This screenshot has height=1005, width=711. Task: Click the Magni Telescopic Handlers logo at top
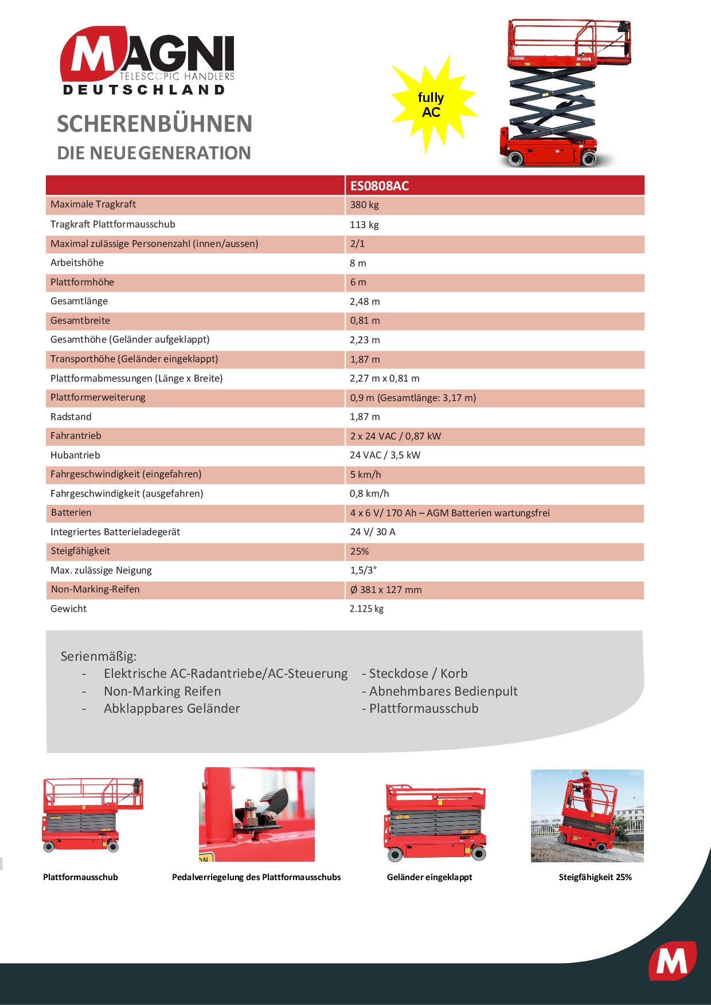click(147, 60)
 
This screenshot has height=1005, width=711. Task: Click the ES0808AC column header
click(380, 186)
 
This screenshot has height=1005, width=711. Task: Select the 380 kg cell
click(365, 205)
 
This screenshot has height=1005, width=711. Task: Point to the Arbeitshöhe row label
click(77, 263)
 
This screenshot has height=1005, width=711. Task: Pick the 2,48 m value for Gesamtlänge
click(365, 301)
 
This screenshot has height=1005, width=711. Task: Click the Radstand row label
click(71, 417)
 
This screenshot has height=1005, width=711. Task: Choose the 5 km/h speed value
click(366, 474)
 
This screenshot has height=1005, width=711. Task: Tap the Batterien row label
click(71, 513)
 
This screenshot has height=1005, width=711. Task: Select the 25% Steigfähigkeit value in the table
click(360, 551)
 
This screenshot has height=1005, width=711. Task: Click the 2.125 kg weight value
click(367, 609)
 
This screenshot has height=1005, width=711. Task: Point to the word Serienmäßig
click(99, 657)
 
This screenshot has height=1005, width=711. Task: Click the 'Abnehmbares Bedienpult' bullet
click(443, 692)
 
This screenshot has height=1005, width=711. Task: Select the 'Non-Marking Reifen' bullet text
click(162, 692)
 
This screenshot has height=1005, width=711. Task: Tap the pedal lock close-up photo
click(257, 814)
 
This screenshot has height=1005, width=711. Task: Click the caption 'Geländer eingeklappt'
click(429, 877)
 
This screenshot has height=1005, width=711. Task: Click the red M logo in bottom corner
click(672, 961)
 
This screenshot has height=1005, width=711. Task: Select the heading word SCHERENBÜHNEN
click(155, 124)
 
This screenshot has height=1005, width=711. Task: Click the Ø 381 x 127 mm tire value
click(386, 590)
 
